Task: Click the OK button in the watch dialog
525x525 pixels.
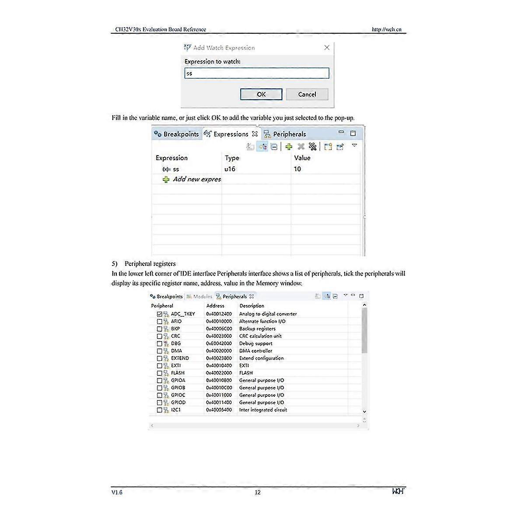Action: tap(261, 94)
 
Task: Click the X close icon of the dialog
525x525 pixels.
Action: tap(327, 48)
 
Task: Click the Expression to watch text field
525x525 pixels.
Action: tap(256, 73)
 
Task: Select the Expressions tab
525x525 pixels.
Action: tap(231, 134)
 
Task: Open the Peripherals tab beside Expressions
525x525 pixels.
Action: tap(289, 134)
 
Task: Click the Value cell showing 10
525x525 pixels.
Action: tap(297, 169)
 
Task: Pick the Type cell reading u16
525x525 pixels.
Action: tap(230, 169)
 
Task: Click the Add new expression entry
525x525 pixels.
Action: tap(196, 179)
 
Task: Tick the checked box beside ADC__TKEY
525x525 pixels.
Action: tap(160, 314)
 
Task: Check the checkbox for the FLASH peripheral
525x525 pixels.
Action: tap(160, 373)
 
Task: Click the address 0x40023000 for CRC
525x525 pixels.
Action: tap(219, 336)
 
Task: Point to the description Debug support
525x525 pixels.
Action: tap(256, 343)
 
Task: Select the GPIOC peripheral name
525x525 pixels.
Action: tap(178, 395)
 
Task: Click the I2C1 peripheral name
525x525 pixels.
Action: tap(176, 410)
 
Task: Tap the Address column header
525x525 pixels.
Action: tap(215, 306)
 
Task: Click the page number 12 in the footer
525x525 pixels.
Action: tap(258, 492)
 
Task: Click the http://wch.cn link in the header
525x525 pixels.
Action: tap(387, 29)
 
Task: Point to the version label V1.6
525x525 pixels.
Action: tap(117, 492)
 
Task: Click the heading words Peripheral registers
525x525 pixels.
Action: tap(150, 263)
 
